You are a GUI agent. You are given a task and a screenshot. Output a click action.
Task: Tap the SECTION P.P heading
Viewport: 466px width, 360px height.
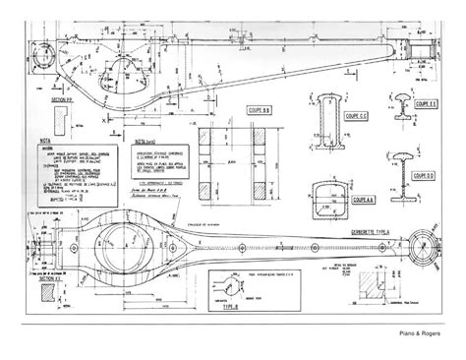tap(64, 113)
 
